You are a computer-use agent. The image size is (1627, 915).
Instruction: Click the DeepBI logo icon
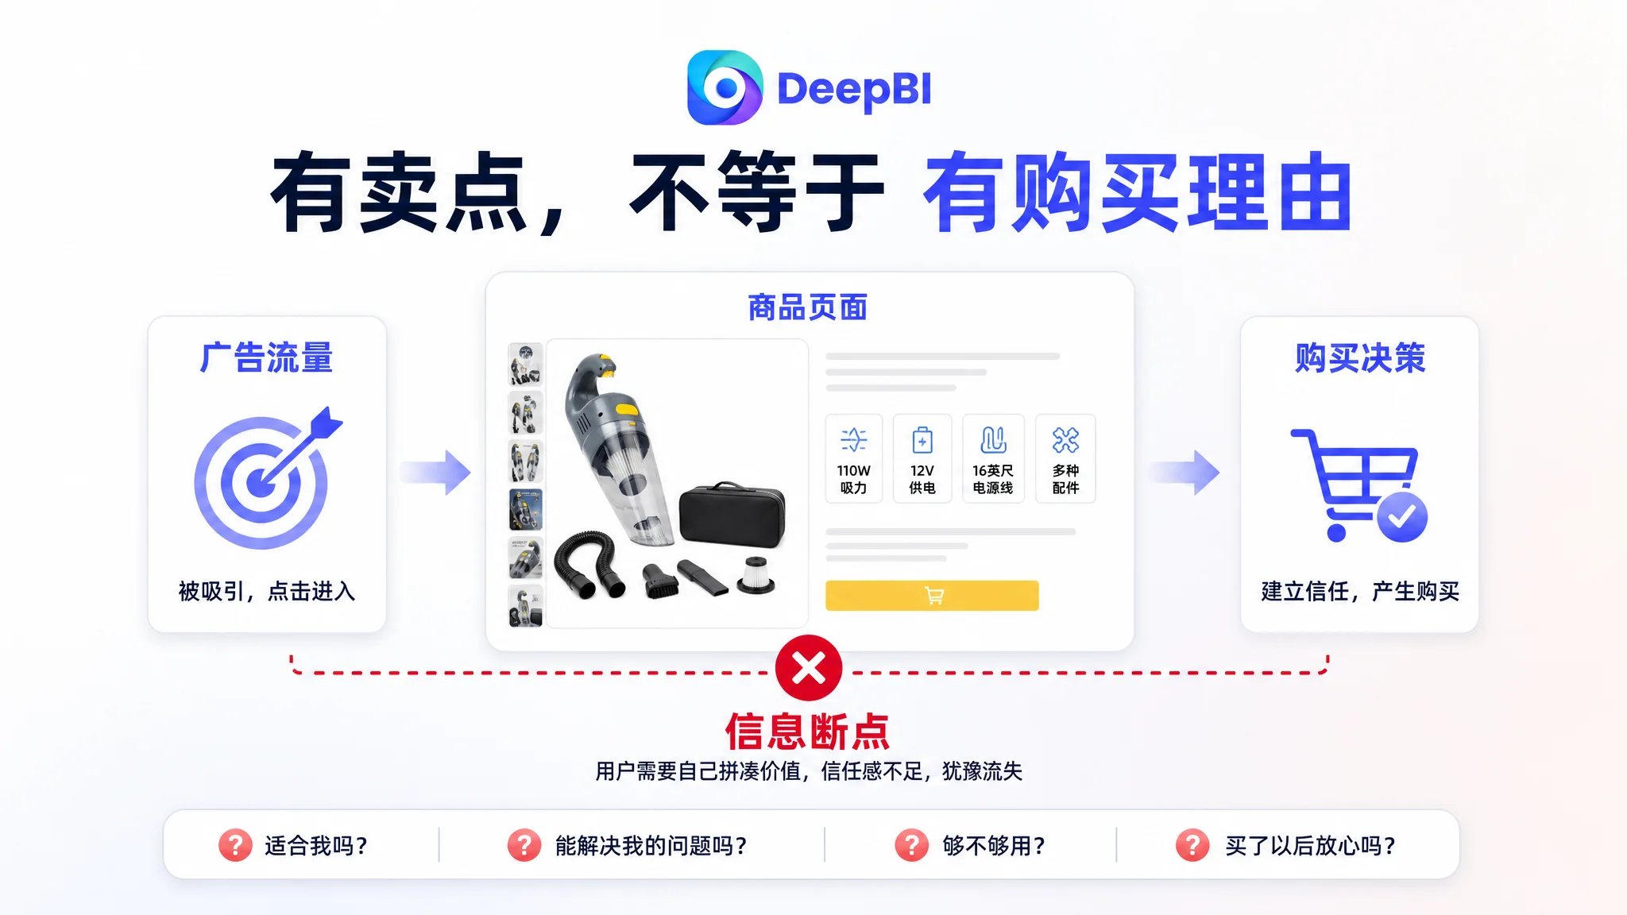click(725, 87)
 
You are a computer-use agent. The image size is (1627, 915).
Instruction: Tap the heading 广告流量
click(266, 357)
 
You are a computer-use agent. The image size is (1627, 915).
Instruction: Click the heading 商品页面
click(808, 307)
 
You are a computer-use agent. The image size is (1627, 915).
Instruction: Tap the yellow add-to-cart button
click(932, 596)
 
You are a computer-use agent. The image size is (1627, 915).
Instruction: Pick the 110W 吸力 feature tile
click(854, 458)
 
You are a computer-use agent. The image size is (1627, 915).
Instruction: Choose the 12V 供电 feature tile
click(922, 458)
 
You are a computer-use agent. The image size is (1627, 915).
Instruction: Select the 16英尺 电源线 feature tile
click(993, 458)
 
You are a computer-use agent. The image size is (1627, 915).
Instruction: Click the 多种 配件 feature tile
click(1065, 458)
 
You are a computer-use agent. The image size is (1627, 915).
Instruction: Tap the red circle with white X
click(809, 668)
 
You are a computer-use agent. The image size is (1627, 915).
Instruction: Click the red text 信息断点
click(808, 732)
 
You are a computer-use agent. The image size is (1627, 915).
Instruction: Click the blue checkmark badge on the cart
click(1402, 517)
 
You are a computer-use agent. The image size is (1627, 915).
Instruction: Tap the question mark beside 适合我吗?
click(235, 845)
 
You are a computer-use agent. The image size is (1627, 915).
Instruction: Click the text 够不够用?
click(994, 846)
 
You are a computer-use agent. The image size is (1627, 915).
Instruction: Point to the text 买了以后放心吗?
click(1310, 846)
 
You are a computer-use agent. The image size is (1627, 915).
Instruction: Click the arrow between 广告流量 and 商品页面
click(435, 473)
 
